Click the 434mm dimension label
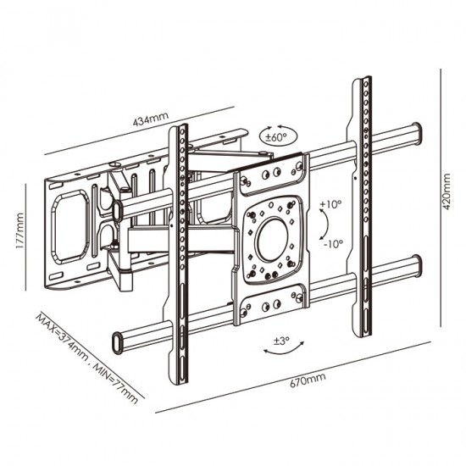pyautogui.click(x=151, y=119)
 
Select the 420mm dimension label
pyautogui.click(x=447, y=191)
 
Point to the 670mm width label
pyautogui.click(x=308, y=380)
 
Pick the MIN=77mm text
pyautogui.click(x=116, y=383)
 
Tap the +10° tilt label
pyautogui.click(x=330, y=204)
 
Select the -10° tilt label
pyautogui.click(x=333, y=244)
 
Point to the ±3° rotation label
pyautogui.click(x=282, y=341)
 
